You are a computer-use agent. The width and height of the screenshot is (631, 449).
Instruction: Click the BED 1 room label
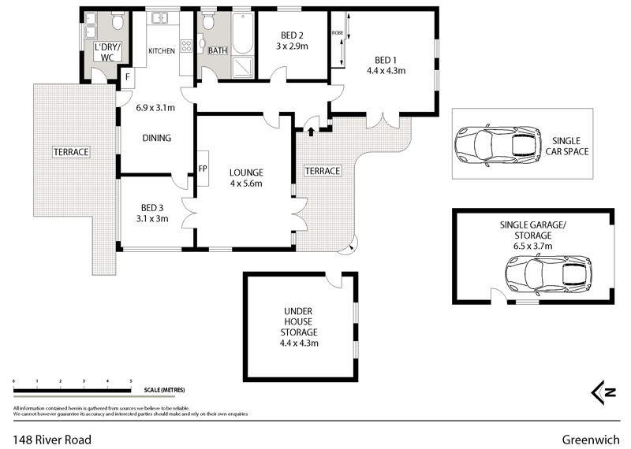[386, 60]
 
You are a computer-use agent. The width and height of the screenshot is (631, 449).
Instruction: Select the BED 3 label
[152, 208]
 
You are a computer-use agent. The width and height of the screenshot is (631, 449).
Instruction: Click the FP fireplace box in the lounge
[203, 169]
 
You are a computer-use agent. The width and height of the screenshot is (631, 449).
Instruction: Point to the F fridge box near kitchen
[127, 76]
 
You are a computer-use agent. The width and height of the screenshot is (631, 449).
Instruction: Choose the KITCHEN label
[162, 51]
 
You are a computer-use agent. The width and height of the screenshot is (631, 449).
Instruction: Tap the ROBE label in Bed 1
[337, 33]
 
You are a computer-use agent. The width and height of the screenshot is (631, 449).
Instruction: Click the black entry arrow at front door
[311, 129]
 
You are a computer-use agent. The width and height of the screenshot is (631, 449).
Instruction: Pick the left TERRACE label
[71, 152]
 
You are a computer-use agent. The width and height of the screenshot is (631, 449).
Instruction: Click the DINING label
[156, 138]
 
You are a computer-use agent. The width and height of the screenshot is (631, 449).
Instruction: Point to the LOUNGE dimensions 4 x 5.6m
[246, 184]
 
